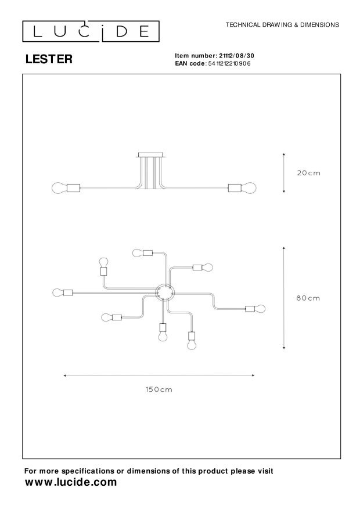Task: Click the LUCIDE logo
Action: pyautogui.click(x=91, y=31)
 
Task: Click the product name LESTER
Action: pyautogui.click(x=49, y=59)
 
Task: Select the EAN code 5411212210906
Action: pyautogui.click(x=229, y=63)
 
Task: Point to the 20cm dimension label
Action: pyautogui.click(x=308, y=173)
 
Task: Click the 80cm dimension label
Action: pyautogui.click(x=308, y=298)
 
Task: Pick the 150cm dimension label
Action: pyautogui.click(x=159, y=389)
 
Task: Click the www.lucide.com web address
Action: pyautogui.click(x=71, y=482)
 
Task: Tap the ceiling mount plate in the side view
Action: pyautogui.click(x=152, y=155)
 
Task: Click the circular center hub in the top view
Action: pyautogui.click(x=164, y=293)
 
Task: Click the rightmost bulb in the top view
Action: pyautogui.click(x=260, y=308)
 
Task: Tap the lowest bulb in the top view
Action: pyautogui.click(x=192, y=345)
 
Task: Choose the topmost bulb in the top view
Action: pyautogui.click(x=138, y=253)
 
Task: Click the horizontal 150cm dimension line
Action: pyautogui.click(x=159, y=376)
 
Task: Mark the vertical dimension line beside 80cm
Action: pyautogui.click(x=284, y=298)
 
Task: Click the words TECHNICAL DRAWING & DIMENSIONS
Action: pyautogui.click(x=282, y=25)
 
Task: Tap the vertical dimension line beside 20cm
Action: pyautogui.click(x=284, y=173)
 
